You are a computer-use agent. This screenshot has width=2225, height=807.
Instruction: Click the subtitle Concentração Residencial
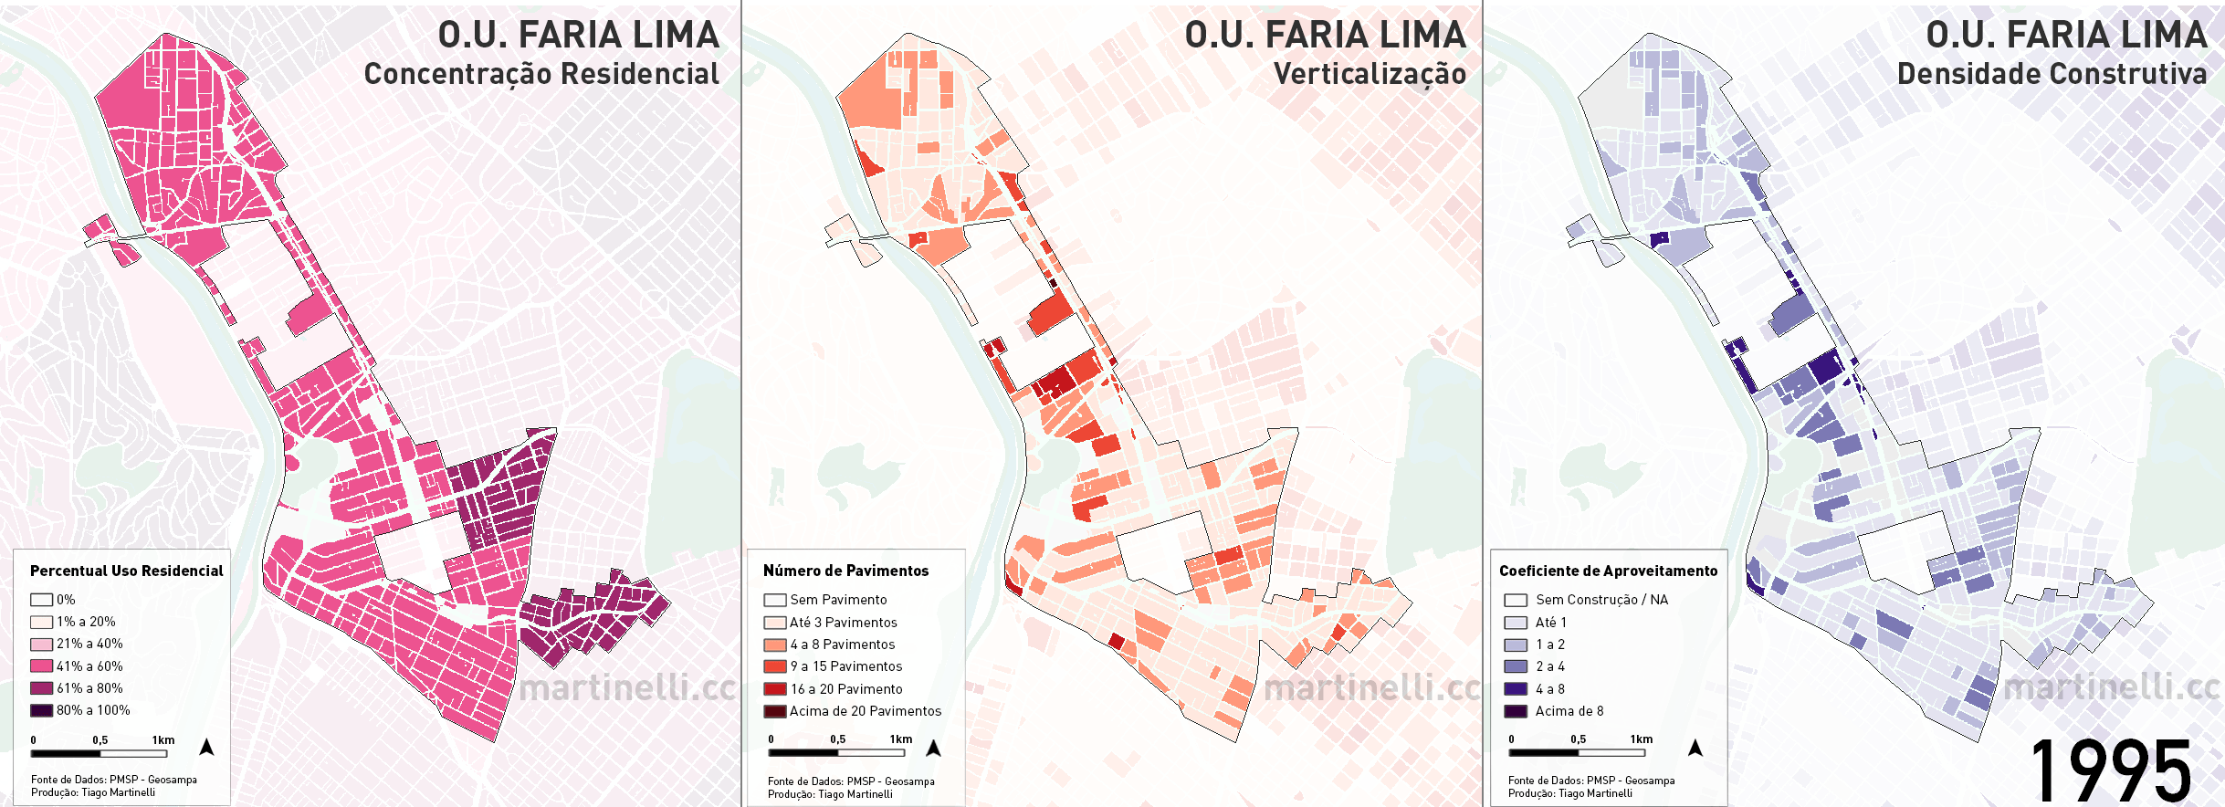[541, 74]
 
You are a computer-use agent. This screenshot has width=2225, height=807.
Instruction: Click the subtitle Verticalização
[1369, 74]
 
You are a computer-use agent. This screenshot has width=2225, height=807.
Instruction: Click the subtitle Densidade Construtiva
[2051, 74]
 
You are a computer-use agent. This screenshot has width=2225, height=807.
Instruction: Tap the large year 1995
[2110, 771]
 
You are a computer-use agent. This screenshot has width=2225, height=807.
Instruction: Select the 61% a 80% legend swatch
[41, 688]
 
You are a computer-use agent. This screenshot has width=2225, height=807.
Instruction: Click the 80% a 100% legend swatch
[41, 710]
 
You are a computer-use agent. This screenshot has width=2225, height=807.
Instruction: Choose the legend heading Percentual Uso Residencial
[126, 571]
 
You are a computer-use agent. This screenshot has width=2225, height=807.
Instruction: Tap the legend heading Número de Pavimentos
[845, 571]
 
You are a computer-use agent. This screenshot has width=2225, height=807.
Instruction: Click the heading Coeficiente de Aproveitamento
[1608, 571]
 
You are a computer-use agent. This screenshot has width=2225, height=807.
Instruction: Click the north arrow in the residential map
[206, 748]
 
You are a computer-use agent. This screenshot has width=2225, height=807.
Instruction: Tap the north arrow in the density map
[1695, 748]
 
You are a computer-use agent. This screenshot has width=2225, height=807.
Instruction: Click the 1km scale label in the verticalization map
[901, 739]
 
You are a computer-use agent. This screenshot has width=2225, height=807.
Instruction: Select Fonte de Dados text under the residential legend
[113, 780]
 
